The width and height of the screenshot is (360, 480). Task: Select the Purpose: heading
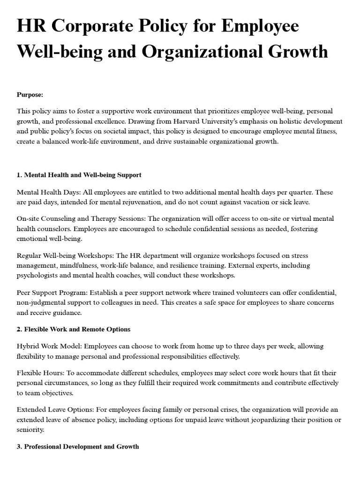pyautogui.click(x=30, y=95)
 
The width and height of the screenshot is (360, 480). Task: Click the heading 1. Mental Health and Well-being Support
pyautogui.click(x=79, y=175)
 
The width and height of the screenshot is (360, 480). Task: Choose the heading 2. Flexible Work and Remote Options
pyautogui.click(x=74, y=329)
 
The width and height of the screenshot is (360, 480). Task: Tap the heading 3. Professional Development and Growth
pyautogui.click(x=78, y=446)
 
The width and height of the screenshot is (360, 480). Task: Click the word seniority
pyautogui.click(x=30, y=429)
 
